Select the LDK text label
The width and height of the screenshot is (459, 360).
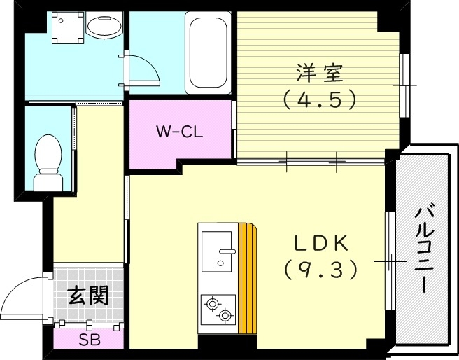click(320, 242)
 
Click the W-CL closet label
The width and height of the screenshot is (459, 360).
click(179, 131)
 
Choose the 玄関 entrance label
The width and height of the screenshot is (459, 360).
click(88, 296)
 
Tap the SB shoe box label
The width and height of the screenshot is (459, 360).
click(88, 341)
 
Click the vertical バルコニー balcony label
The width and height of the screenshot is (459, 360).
click(422, 249)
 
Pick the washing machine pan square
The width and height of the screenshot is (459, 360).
click(68, 29)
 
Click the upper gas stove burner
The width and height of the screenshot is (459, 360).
click(211, 303)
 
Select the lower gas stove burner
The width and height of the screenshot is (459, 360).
click(225, 316)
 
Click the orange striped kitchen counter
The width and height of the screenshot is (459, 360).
click(248, 278)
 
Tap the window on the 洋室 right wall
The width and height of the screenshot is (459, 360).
click(404, 85)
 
